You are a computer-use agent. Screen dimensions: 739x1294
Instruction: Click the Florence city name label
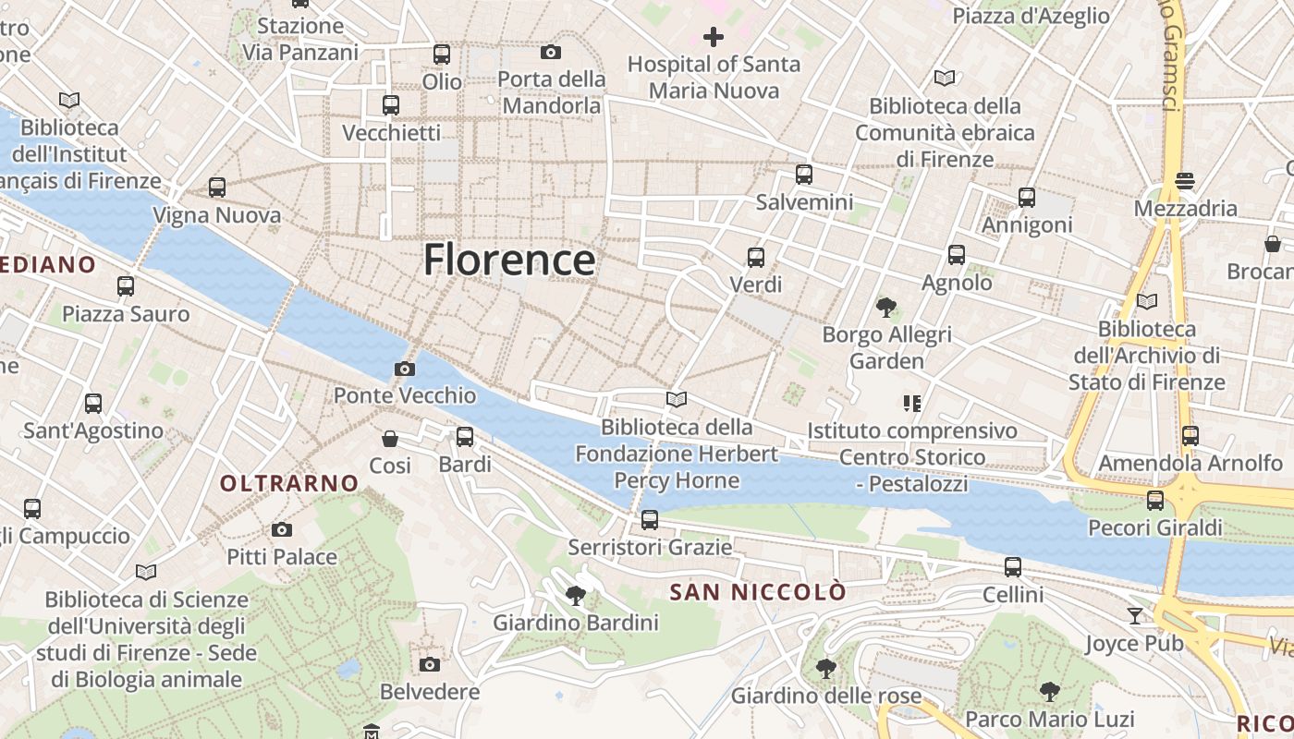[509, 260]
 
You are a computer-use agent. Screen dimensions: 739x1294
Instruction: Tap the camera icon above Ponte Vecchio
[404, 369]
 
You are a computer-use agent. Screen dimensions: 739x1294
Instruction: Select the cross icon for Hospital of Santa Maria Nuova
[713, 37]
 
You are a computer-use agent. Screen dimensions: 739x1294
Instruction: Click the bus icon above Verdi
[755, 258]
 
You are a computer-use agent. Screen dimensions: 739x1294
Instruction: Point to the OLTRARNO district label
[289, 482]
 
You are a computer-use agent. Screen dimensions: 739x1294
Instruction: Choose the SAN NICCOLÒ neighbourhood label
[758, 592]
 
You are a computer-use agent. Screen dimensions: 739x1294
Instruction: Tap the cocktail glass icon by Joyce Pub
[1135, 615]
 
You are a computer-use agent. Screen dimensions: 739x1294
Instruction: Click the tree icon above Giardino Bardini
[575, 595]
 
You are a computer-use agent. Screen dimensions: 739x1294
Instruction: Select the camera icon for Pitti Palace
[282, 529]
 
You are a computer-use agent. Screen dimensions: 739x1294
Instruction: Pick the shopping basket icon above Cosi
[390, 438]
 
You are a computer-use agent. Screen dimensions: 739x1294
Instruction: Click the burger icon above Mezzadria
[1185, 181]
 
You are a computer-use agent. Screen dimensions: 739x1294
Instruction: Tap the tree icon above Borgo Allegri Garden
[885, 307]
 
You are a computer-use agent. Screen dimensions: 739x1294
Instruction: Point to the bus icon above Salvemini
[803, 174]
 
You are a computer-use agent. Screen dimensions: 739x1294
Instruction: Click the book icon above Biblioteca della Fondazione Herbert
[677, 399]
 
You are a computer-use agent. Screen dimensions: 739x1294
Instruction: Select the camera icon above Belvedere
[429, 664]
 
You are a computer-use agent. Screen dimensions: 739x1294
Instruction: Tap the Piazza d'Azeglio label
[1031, 16]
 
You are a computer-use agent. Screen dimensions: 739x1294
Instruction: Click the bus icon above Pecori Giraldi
[1154, 501]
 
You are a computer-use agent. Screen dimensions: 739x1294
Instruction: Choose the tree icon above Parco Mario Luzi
[1048, 691]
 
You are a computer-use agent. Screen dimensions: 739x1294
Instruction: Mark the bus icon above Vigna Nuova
[217, 188]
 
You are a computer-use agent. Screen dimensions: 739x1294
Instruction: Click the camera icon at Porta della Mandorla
[551, 52]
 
